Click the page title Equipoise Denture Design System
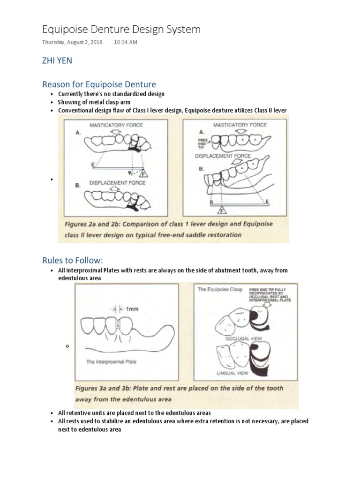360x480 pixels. [x=121, y=30]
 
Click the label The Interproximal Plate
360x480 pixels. [x=111, y=361]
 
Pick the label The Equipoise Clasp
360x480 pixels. [x=220, y=289]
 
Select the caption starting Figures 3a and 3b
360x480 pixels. [x=179, y=394]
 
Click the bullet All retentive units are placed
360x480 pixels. [x=134, y=412]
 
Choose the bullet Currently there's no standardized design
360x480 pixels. [x=111, y=94]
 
